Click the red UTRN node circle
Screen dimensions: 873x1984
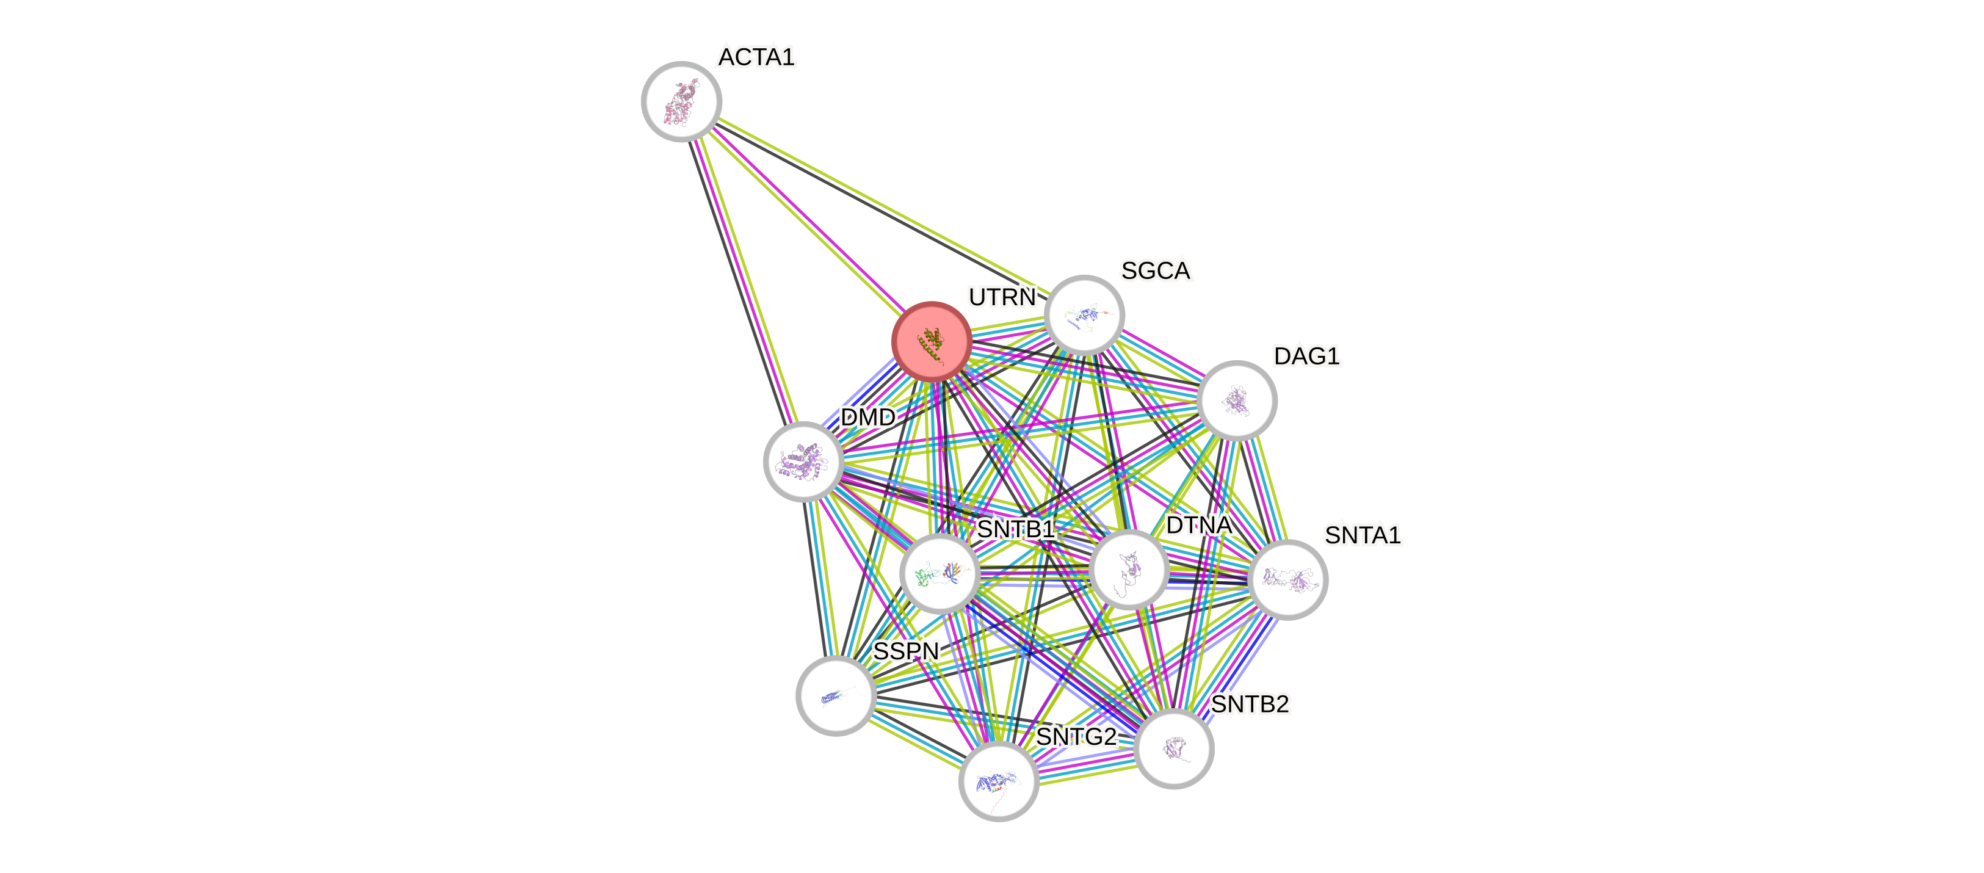(x=931, y=341)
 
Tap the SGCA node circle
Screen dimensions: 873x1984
(x=1084, y=315)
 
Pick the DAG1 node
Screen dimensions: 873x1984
(x=1237, y=400)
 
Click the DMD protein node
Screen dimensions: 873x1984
(x=803, y=462)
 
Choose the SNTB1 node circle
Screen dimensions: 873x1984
(x=940, y=574)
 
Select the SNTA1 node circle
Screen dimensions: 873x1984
(x=1287, y=579)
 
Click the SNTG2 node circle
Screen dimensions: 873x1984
(x=998, y=781)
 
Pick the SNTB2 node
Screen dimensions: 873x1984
(x=1174, y=748)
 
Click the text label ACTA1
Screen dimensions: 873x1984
(x=756, y=57)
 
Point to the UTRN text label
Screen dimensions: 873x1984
(x=1002, y=297)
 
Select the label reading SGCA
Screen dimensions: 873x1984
(x=1155, y=270)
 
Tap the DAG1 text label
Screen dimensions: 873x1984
(x=1307, y=356)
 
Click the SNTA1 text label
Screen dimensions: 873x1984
(x=1363, y=535)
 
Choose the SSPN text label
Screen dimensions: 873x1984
(x=906, y=652)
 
